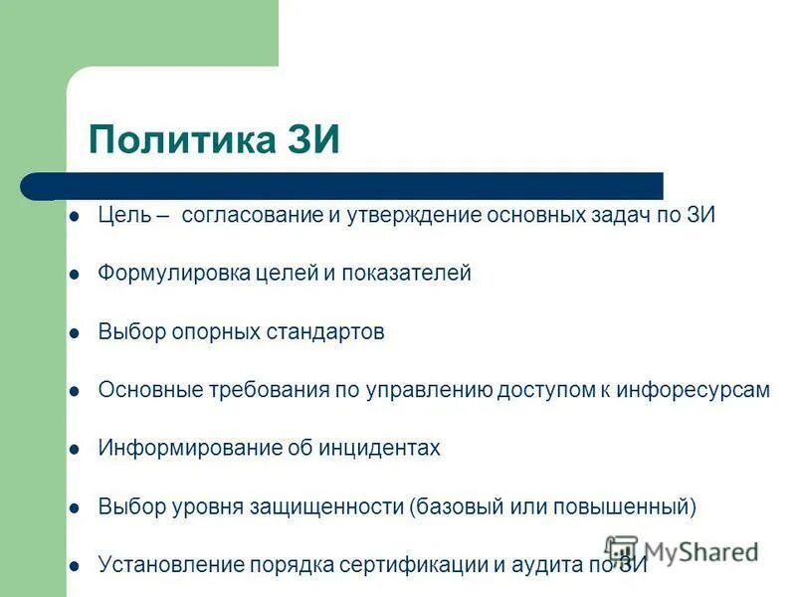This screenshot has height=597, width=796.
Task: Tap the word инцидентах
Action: click(x=379, y=448)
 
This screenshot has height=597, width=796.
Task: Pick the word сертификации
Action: click(x=414, y=565)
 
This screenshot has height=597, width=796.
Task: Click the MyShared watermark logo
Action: click(x=682, y=551)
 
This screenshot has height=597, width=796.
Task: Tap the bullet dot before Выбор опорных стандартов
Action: click(x=74, y=333)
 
